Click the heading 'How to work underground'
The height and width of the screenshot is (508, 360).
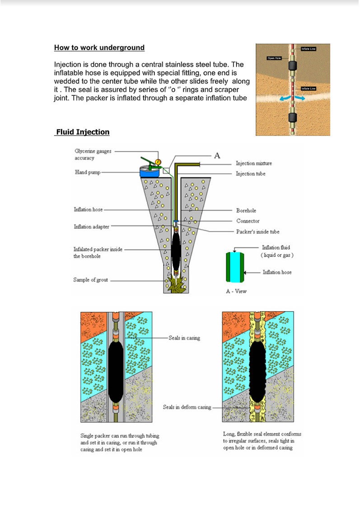tap(99, 47)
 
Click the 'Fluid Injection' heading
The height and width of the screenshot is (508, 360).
tap(82, 132)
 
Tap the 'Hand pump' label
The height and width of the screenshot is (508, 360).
tap(88, 172)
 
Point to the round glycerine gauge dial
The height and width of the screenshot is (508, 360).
tap(158, 162)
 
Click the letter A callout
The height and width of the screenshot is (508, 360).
tap(217, 155)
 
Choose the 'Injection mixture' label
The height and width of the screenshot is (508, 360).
tap(254, 163)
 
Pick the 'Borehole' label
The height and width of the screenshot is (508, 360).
tap(246, 210)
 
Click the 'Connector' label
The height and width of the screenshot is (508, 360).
tap(248, 221)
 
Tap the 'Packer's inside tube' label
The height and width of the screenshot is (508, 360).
tap(258, 232)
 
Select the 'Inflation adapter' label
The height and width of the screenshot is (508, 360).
tap(92, 227)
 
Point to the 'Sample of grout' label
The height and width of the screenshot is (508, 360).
tap(91, 280)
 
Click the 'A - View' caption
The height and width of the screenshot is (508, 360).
tap(236, 291)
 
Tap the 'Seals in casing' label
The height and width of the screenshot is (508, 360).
tap(184, 338)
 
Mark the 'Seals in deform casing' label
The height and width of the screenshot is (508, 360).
tap(187, 407)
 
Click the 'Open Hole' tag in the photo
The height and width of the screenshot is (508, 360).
tap(274, 58)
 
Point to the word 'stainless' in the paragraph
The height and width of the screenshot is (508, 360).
tap(185, 65)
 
